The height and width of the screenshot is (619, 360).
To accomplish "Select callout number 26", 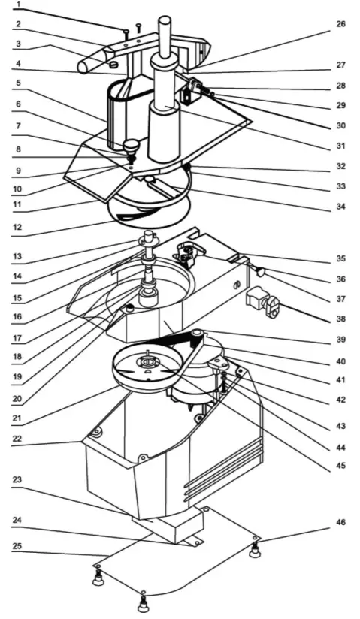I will [x=341, y=23].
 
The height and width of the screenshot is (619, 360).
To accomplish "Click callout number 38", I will [x=341, y=318].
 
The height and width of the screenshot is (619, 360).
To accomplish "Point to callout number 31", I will [x=341, y=145].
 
